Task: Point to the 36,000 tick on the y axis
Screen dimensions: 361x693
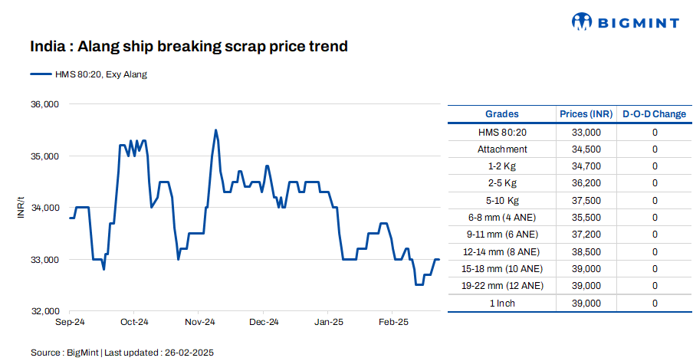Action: tap(44, 104)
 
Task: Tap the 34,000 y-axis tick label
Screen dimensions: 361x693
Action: tap(44, 208)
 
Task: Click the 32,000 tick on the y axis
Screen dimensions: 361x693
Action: tap(44, 311)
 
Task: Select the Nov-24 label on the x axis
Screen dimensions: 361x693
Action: tap(199, 322)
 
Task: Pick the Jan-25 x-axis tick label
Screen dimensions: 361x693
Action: tap(328, 322)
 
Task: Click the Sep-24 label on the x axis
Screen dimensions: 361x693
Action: tap(70, 322)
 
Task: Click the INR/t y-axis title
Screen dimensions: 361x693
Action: tap(21, 208)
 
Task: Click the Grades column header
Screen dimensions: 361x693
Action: tap(502, 114)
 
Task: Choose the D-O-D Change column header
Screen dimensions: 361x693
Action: tap(654, 114)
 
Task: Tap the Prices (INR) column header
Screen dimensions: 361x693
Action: tap(586, 114)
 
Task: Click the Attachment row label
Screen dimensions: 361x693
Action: tap(502, 149)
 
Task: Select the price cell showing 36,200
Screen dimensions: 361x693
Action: tap(586, 183)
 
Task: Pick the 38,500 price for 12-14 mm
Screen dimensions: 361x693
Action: tap(586, 251)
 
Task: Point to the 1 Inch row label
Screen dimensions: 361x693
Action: tap(502, 304)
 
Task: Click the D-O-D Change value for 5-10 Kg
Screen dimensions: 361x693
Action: tap(655, 201)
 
